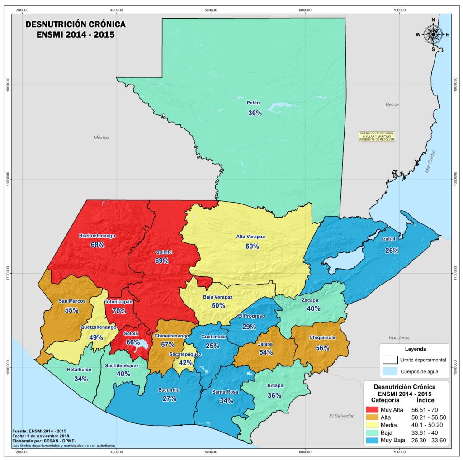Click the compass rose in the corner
click(x=433, y=34)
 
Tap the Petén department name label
click(x=253, y=103)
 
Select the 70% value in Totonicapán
click(x=119, y=311)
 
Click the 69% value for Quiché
click(x=161, y=261)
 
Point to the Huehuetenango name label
click(x=97, y=236)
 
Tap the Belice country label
click(x=392, y=104)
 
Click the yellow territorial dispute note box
click(x=377, y=136)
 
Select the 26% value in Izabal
click(x=392, y=251)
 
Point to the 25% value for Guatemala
click(x=212, y=346)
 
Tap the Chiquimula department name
click(x=322, y=337)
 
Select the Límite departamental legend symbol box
click(x=389, y=360)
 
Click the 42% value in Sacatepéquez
click(x=185, y=362)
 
